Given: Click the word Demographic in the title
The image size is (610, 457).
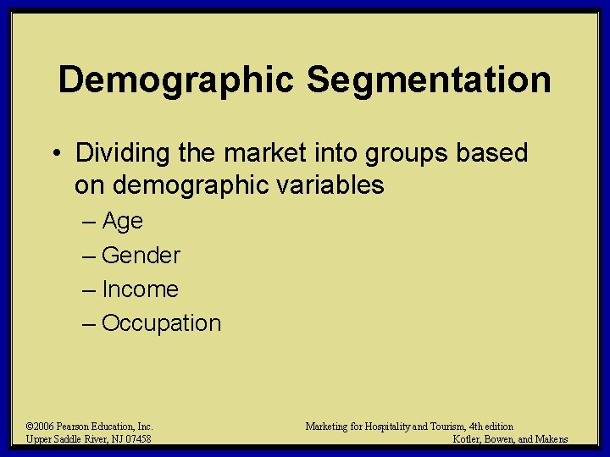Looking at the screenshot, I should (176, 80).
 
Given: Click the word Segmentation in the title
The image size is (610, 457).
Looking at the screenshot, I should (429, 80).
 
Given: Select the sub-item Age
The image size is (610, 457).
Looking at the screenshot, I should (122, 222).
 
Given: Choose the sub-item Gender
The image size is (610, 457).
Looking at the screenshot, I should (141, 255).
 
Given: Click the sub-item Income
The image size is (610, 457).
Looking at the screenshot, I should (140, 289).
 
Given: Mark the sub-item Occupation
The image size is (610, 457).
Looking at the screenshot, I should (161, 323).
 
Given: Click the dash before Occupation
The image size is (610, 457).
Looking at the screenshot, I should (91, 323).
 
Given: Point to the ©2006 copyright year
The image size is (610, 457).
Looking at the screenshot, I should (42, 427).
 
